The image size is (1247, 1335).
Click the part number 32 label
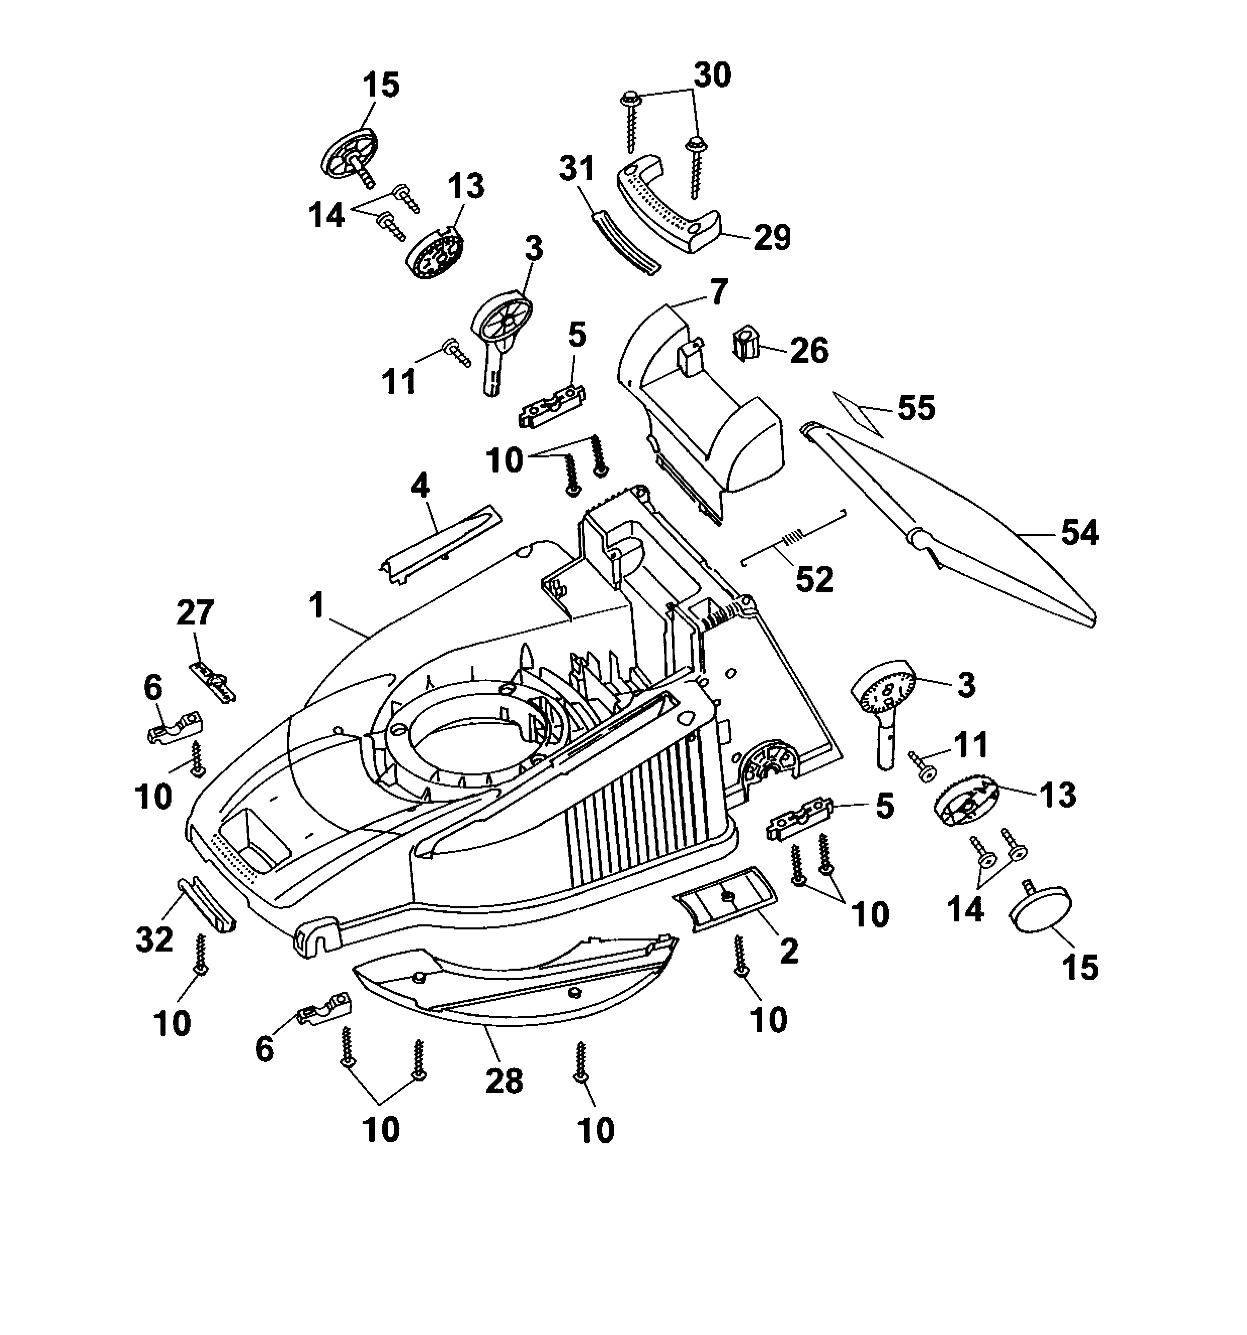154,939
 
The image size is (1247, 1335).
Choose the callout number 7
717,292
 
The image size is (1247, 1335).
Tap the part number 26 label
809,351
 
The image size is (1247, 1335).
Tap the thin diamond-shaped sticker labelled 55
858,414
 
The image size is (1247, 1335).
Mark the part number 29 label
772,238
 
